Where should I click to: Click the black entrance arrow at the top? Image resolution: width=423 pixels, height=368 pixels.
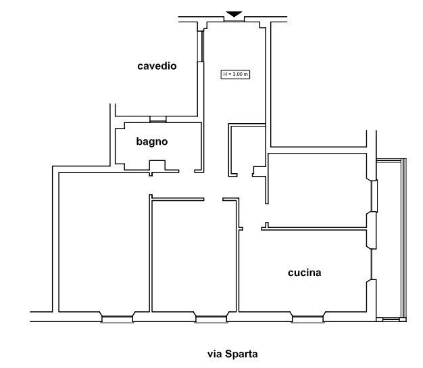click(x=233, y=14)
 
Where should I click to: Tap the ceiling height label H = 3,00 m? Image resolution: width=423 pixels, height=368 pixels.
click(x=235, y=74)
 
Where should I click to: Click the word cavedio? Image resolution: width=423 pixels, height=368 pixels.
click(x=157, y=66)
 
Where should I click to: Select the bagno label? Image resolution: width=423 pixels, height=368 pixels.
click(x=151, y=141)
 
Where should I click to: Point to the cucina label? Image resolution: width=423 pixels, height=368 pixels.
click(x=304, y=273)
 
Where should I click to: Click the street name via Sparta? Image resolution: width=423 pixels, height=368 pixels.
click(x=232, y=353)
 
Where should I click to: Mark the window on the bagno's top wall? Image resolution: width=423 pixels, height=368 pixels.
click(x=158, y=120)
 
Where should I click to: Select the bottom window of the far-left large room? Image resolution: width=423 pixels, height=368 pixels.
click(x=117, y=317)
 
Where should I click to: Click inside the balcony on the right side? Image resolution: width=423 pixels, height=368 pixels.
click(x=390, y=237)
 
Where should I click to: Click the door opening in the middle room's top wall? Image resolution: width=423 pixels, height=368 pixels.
click(x=214, y=200)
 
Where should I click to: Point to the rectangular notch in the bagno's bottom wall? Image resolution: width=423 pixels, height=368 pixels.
click(x=157, y=165)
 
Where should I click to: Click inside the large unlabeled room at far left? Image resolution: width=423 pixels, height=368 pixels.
click(x=101, y=244)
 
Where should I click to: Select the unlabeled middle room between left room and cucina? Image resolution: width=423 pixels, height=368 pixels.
click(x=195, y=257)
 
